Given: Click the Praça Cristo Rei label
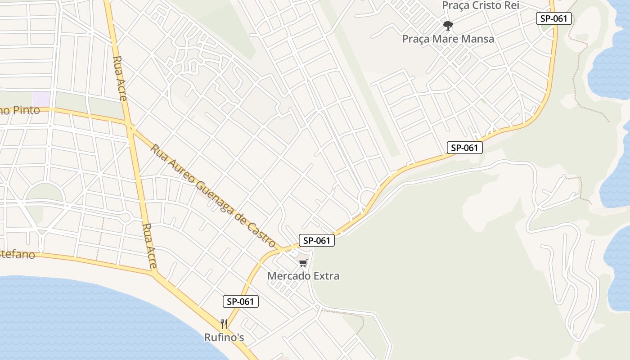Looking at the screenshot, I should pyautogui.click(x=481, y=5).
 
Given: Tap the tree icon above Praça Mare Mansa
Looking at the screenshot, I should pyautogui.click(x=448, y=25).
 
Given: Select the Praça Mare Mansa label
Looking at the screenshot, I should pyautogui.click(x=448, y=39).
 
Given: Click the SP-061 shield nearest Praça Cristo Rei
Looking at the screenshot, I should pyautogui.click(x=554, y=18).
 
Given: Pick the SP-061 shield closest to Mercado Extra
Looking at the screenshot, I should pyautogui.click(x=317, y=240).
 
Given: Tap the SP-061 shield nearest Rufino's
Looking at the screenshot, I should pyautogui.click(x=241, y=301).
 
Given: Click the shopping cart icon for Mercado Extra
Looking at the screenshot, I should pyautogui.click(x=303, y=263).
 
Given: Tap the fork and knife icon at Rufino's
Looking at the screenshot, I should pyautogui.click(x=224, y=324).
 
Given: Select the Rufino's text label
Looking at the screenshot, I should pyautogui.click(x=224, y=337).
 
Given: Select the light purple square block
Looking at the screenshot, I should pyautogui.click(x=41, y=99).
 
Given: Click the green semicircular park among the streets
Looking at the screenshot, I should pyautogui.click(x=44, y=193).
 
